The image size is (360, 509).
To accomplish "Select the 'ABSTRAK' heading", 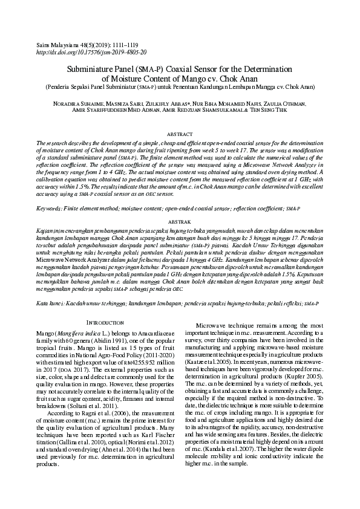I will (x=179, y=222).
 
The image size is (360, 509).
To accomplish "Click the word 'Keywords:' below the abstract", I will (x=50, y=208).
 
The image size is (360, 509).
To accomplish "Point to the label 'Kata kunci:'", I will (x=51, y=300).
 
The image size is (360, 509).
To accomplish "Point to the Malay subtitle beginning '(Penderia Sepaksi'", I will (x=179, y=86).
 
